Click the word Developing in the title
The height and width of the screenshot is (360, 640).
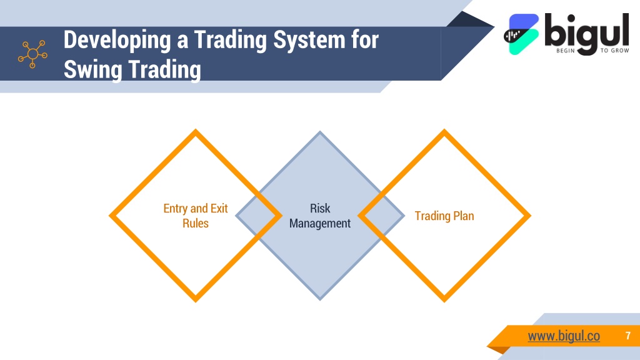coord(117,41)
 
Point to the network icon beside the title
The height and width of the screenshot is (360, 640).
coord(32,54)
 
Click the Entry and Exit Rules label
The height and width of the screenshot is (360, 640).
coord(196,216)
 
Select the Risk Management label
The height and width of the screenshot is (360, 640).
coord(320,216)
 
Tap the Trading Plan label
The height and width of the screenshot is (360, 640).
coord(444,216)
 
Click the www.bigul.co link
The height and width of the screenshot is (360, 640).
coord(564,336)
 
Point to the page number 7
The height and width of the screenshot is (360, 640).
coord(628,336)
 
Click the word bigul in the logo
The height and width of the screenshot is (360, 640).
coord(586,32)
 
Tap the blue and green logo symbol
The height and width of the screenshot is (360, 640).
coord(522,34)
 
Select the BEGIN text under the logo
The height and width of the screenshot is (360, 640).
coord(565,51)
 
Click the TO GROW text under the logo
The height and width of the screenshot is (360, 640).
coord(614,51)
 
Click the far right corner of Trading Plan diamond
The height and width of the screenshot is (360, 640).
coord(531,216)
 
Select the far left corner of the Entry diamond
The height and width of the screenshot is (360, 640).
coord(109,216)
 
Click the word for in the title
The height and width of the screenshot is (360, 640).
coord(365,41)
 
